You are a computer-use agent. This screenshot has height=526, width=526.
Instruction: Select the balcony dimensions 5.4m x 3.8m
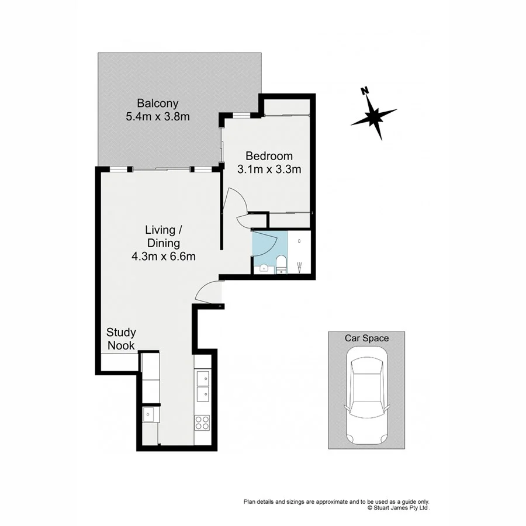[158, 117]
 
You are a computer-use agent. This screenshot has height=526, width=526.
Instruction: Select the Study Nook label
[121, 339]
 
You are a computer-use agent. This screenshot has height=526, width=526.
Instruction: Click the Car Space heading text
[366, 338]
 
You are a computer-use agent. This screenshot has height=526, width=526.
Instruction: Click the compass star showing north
[374, 115]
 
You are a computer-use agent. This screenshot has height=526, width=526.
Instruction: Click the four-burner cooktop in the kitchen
[202, 422]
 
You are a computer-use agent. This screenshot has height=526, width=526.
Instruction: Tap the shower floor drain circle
[299, 241]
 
